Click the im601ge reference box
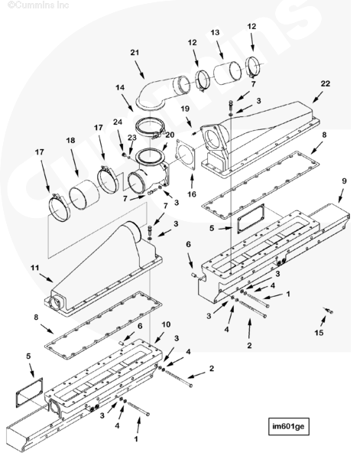click(288, 426)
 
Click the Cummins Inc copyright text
click(38, 5)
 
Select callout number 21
click(135, 53)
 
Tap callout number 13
click(215, 32)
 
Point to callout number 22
click(325, 83)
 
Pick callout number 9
click(344, 181)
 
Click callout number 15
click(319, 333)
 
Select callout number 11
click(35, 268)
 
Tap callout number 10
click(166, 324)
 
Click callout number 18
click(70, 141)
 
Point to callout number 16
click(192, 194)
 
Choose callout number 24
click(118, 122)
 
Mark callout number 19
click(185, 109)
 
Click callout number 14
click(120, 87)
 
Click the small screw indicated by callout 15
click(328, 311)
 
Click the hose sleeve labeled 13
click(228, 73)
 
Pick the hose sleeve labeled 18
click(84, 194)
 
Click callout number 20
click(170, 135)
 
